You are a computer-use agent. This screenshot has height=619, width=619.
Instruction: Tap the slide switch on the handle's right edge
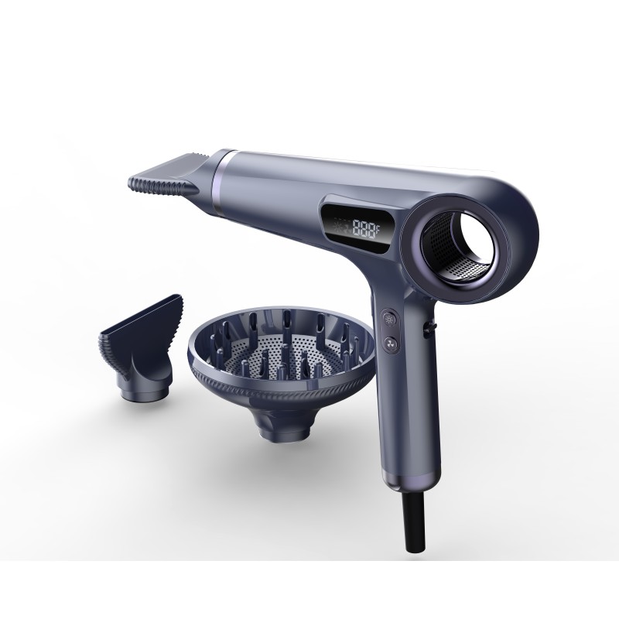click(426, 330)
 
